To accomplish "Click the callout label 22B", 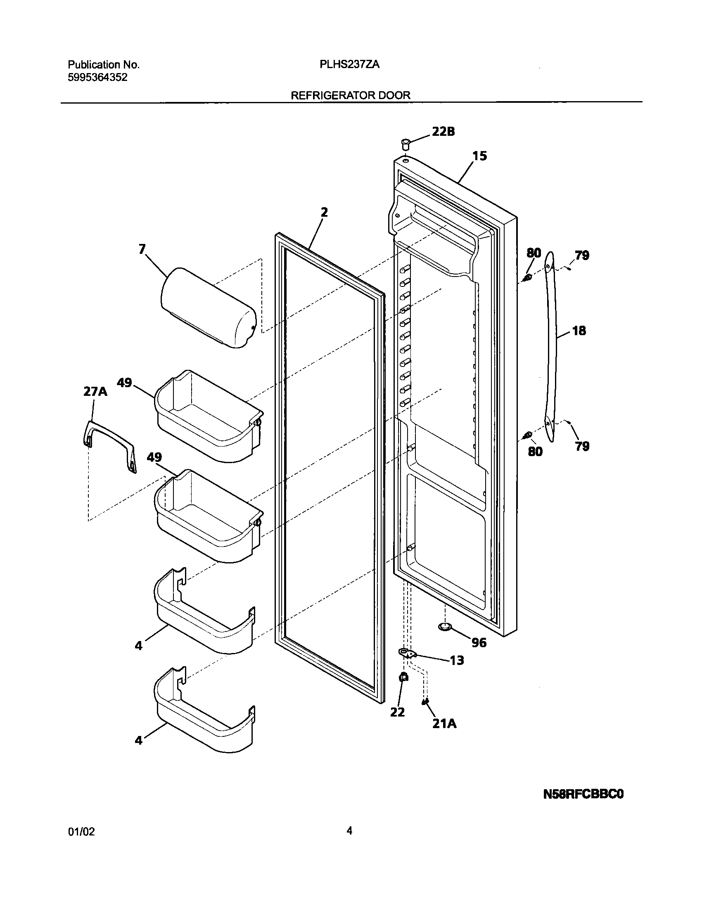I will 443,132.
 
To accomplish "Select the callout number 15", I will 480,156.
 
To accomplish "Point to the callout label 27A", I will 95,391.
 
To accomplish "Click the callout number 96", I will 479,643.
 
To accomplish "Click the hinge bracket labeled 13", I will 407,653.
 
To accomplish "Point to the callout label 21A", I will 444,724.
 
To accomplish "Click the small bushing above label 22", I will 404,677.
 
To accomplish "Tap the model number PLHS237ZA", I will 349,65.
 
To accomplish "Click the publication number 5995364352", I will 97,77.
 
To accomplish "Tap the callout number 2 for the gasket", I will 324,212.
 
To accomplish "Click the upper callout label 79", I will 582,256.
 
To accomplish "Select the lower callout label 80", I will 535,452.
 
